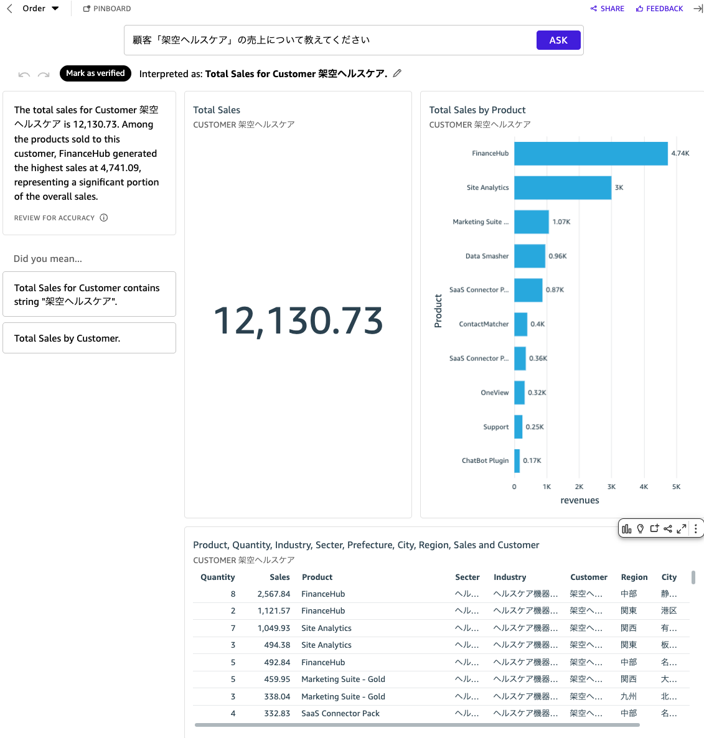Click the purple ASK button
(x=558, y=40)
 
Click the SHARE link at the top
(x=608, y=9)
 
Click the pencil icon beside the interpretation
(x=397, y=73)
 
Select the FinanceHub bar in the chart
(x=590, y=154)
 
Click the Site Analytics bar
(x=562, y=188)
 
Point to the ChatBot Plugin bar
(x=517, y=461)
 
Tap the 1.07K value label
(x=561, y=222)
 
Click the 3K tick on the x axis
(x=611, y=487)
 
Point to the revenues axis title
(x=580, y=500)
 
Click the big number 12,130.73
(x=298, y=320)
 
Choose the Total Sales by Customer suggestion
(x=89, y=339)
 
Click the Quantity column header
(x=218, y=577)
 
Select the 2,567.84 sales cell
(x=274, y=594)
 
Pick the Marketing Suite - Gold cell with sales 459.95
(x=343, y=680)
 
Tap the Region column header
(x=634, y=577)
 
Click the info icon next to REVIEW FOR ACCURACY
(x=104, y=218)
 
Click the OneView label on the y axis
(x=495, y=393)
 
